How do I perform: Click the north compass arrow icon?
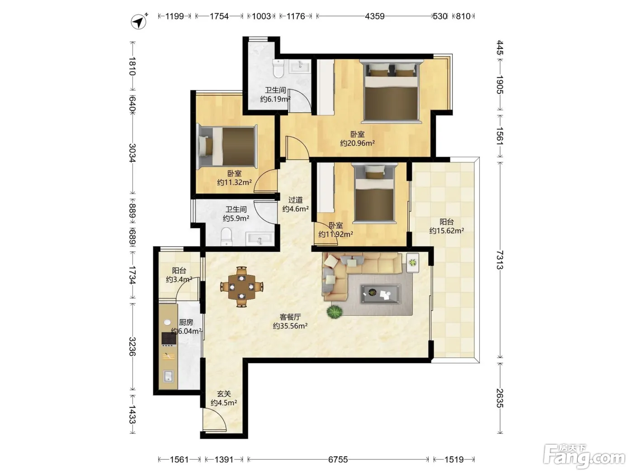click(x=139, y=21)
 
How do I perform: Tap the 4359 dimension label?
click(x=375, y=16)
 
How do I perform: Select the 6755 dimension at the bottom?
click(x=338, y=460)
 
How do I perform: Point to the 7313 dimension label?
click(x=500, y=260)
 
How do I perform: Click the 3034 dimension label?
click(x=132, y=153)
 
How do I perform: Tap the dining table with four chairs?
click(x=241, y=287)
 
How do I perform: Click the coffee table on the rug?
click(x=380, y=294)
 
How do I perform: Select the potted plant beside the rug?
click(x=335, y=312)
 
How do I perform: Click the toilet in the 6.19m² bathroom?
click(x=279, y=68)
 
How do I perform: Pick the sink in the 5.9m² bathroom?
click(x=259, y=239)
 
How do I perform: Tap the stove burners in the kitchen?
click(x=169, y=338)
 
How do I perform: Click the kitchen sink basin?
click(x=168, y=376)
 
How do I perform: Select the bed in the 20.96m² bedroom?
click(x=391, y=90)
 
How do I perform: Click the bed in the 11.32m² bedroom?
click(x=227, y=147)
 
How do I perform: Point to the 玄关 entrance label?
click(x=224, y=394)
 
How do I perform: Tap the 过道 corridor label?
click(x=296, y=200)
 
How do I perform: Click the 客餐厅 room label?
click(x=290, y=317)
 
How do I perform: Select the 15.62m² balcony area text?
click(x=446, y=231)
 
